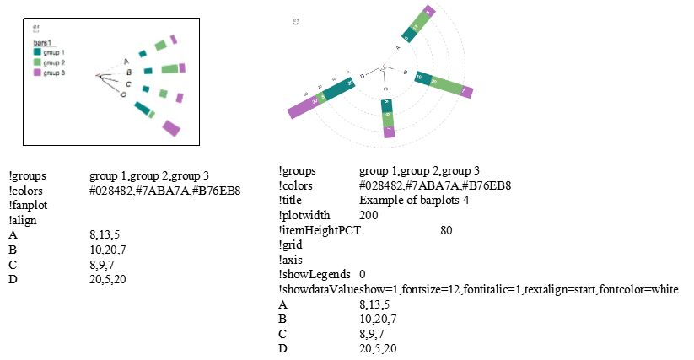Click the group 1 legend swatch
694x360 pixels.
[x=38, y=52]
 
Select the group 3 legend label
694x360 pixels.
[x=54, y=73]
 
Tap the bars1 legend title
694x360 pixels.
[x=42, y=42]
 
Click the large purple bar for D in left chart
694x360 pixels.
[x=171, y=127]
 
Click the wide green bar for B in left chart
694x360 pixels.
[x=169, y=68]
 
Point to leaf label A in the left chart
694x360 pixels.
[x=126, y=61]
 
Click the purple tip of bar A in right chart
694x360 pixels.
[x=428, y=12]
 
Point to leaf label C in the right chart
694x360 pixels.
[x=385, y=88]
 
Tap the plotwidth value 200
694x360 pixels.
[x=369, y=215]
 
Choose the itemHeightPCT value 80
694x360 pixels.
[x=447, y=230]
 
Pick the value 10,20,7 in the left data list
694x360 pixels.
[x=108, y=250]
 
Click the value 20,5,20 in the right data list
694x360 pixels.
[x=378, y=348]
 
